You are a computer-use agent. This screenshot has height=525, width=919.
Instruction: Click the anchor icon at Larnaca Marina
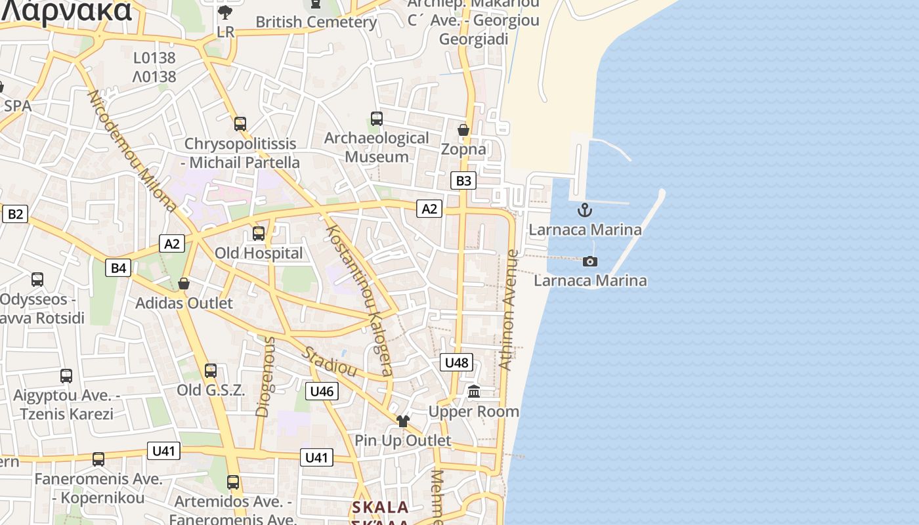(x=584, y=210)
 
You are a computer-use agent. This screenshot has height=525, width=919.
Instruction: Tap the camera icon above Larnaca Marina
(x=590, y=261)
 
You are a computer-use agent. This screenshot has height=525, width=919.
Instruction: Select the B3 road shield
(x=463, y=180)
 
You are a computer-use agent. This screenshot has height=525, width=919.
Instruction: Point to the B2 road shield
(x=14, y=213)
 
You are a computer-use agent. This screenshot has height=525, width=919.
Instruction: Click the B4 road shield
(x=118, y=267)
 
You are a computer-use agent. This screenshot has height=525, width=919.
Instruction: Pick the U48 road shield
(x=456, y=362)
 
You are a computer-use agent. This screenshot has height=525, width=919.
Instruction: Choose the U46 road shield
(x=322, y=391)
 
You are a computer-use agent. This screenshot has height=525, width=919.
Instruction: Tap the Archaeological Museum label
(x=377, y=148)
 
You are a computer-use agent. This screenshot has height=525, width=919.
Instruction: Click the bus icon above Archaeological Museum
(x=377, y=119)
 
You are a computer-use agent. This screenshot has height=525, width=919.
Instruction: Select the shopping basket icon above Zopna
(x=463, y=130)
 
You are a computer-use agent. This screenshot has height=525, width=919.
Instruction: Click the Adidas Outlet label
(x=184, y=303)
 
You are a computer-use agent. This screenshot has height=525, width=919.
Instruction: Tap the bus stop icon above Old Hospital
(x=259, y=233)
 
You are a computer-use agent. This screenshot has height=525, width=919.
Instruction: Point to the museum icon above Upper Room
(x=474, y=392)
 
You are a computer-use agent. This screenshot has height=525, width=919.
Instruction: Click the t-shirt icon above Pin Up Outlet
(x=402, y=421)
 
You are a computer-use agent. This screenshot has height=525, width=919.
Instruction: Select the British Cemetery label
(x=316, y=22)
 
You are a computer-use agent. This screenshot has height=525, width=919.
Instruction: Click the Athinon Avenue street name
(x=509, y=310)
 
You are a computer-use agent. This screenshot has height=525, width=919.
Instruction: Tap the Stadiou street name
(x=330, y=362)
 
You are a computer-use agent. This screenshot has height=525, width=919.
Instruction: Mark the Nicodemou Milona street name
(x=132, y=151)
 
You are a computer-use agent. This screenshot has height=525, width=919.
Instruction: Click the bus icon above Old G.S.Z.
(x=211, y=370)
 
